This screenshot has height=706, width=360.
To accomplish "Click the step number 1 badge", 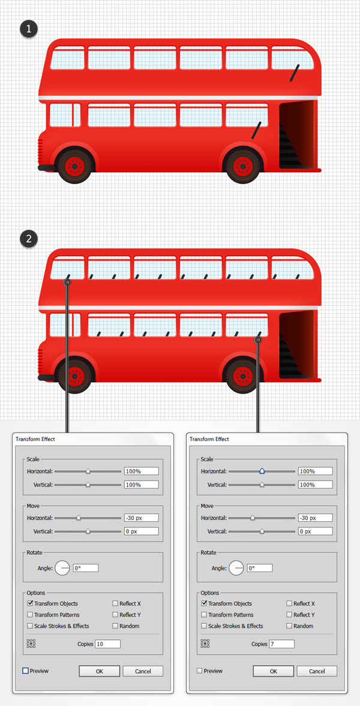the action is (29, 30).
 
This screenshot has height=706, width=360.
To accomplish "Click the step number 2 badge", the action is (29, 239).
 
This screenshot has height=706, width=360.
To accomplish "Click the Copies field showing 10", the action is (107, 644).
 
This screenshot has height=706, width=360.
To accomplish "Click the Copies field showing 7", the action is (281, 644).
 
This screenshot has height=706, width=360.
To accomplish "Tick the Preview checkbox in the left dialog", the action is (25, 671).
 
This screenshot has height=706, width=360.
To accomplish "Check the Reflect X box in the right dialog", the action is (289, 603).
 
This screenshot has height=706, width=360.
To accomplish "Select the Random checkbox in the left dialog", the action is (115, 626).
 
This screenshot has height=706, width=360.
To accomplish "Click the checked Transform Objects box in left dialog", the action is (30, 603).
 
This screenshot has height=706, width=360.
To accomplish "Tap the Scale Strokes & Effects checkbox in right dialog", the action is (204, 626).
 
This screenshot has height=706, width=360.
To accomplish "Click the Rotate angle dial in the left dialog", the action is (62, 568).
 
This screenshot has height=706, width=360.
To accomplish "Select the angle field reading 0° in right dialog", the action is (260, 568).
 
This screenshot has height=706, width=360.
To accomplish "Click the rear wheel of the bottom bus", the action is (244, 374).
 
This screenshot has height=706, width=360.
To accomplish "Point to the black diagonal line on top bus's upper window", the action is (295, 73).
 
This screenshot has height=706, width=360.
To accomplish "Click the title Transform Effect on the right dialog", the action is (209, 439).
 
